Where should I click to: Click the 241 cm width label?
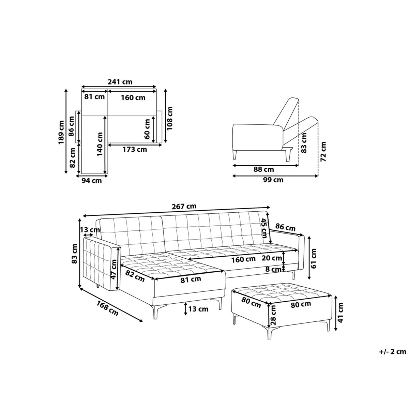tap(120, 82)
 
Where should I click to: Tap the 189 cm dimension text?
tap(61, 132)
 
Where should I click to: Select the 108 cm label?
tap(170, 118)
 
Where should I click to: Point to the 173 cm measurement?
tap(135, 149)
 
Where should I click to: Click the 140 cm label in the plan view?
tap(100, 144)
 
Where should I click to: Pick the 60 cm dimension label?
tap(147, 129)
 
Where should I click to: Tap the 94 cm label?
tap(92, 181)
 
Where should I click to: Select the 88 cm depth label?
tap(263, 169)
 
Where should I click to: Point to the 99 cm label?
tap(273, 180)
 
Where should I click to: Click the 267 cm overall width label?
tap(184, 206)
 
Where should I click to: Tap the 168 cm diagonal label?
tap(107, 308)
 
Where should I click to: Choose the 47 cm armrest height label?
tap(115, 269)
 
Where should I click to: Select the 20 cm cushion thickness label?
tap(272, 258)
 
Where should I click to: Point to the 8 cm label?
tap(273, 269)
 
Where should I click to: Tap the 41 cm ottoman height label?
tap(340, 310)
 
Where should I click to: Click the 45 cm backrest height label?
tap(264, 228)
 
